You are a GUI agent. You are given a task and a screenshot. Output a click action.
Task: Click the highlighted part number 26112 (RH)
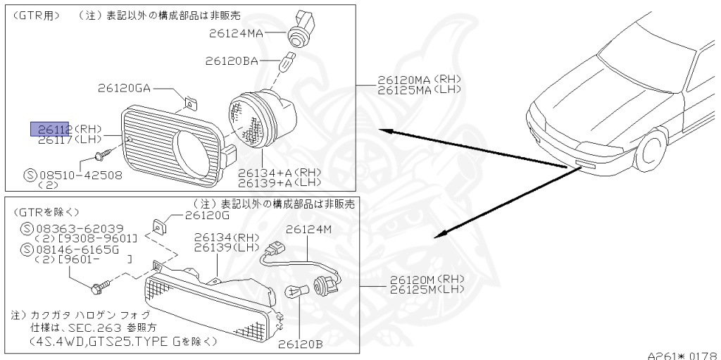[x=49, y=128]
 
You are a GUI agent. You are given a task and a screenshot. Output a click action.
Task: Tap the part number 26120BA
[x=232, y=61]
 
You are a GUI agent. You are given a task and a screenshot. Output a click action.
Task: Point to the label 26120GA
[x=125, y=88]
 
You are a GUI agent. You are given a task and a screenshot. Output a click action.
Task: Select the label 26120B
[x=300, y=345]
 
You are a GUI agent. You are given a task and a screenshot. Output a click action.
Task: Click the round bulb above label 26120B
[x=295, y=291]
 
